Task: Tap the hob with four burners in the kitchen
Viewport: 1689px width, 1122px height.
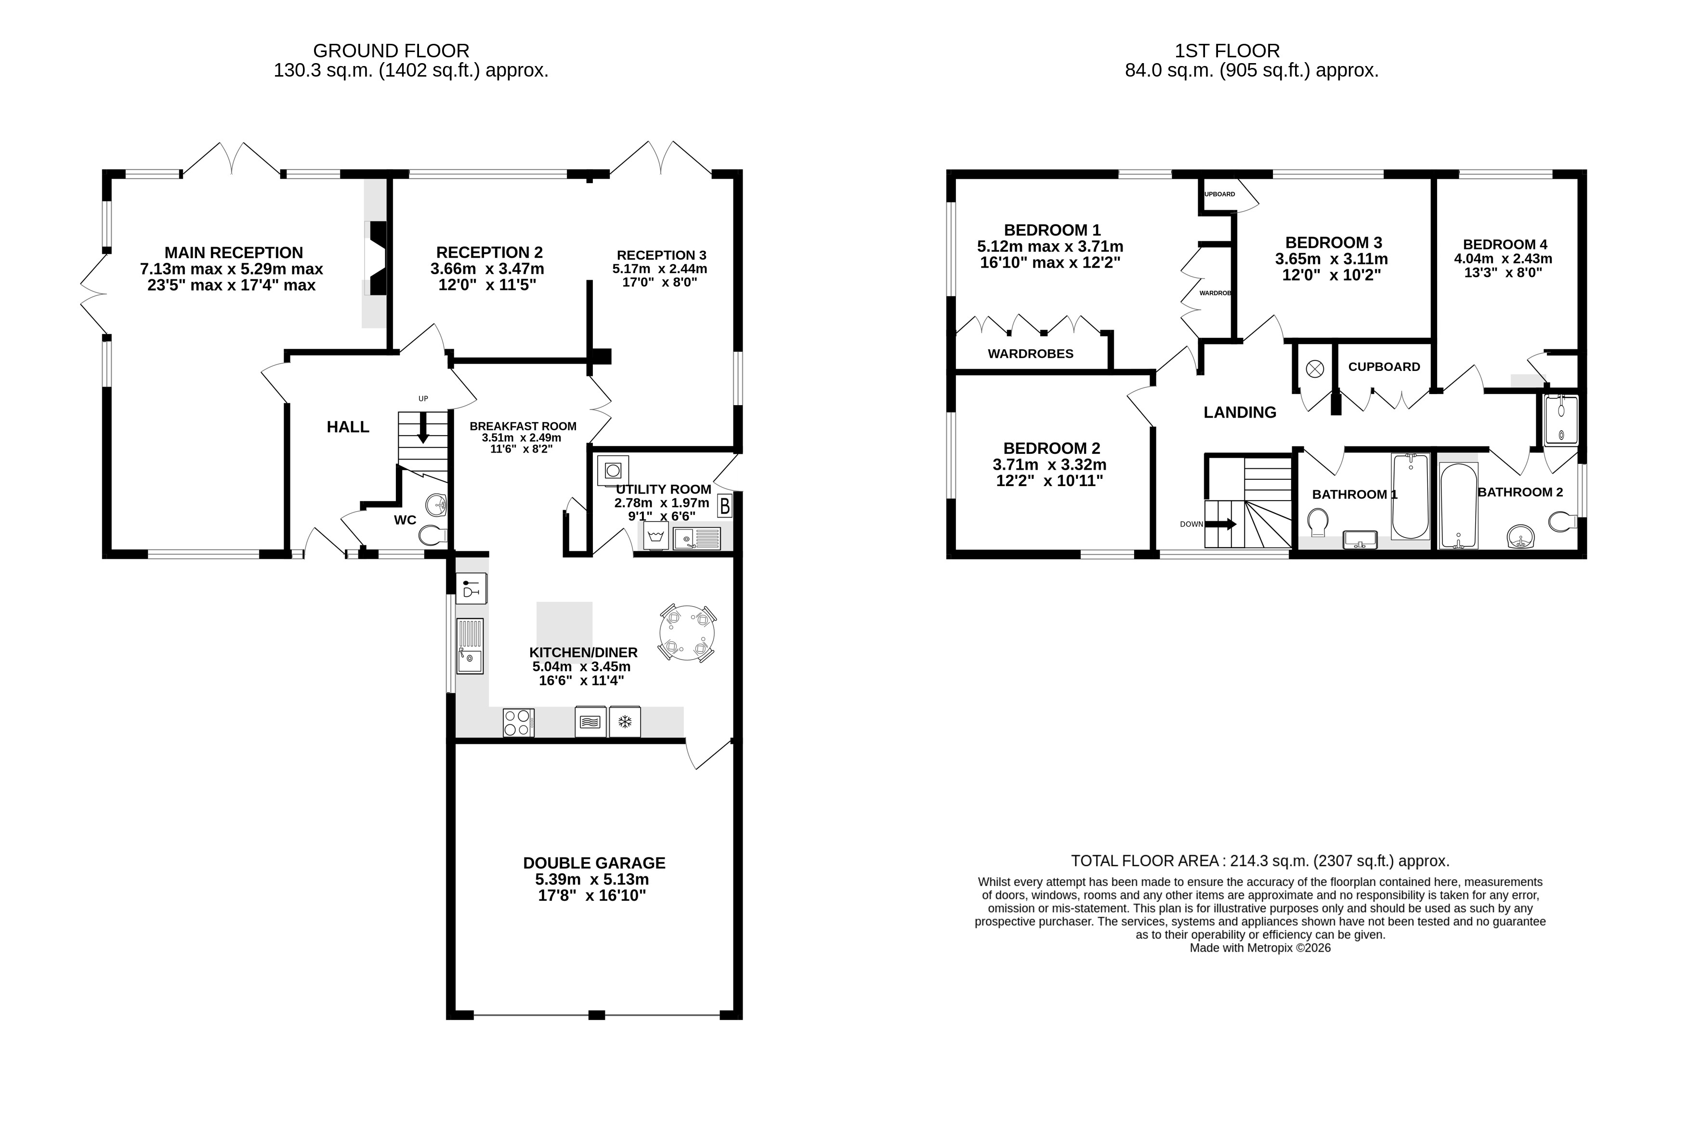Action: [x=518, y=722]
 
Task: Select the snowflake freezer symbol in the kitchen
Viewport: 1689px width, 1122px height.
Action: [x=625, y=722]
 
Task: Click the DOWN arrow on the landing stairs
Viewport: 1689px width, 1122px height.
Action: [x=1221, y=524]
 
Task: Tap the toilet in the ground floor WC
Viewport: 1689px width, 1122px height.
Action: [x=433, y=535]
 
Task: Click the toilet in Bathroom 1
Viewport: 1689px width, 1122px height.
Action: [x=1317, y=522]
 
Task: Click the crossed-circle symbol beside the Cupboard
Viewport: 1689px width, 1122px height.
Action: [x=1315, y=369]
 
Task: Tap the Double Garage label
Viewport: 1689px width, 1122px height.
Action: [x=594, y=863]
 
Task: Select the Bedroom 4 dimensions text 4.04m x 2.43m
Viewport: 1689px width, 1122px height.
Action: [x=1503, y=258]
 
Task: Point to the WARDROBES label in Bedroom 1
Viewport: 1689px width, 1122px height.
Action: [x=1030, y=354]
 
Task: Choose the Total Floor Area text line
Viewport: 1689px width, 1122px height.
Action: [x=1260, y=861]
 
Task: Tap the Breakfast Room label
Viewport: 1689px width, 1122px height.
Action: [x=523, y=426]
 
